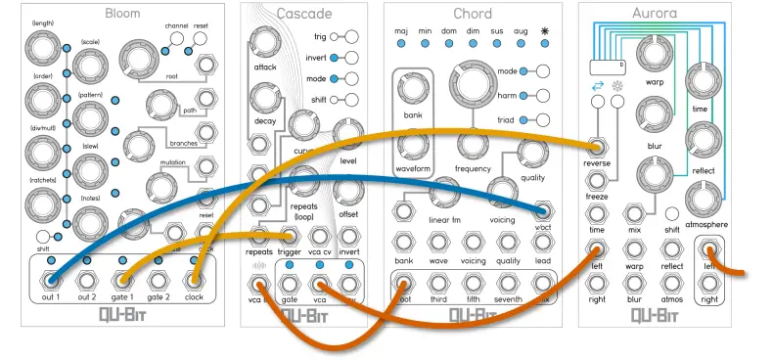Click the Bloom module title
tap(122, 14)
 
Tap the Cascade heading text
tap(304, 14)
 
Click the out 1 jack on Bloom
tap(51, 281)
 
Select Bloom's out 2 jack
tap(87, 281)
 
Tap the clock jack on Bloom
tap(194, 281)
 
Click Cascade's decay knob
tap(264, 98)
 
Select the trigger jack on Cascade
tap(290, 238)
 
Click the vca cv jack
tap(319, 238)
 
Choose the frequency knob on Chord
tap(472, 144)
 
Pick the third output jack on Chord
tap(436, 284)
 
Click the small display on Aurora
tap(606, 66)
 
